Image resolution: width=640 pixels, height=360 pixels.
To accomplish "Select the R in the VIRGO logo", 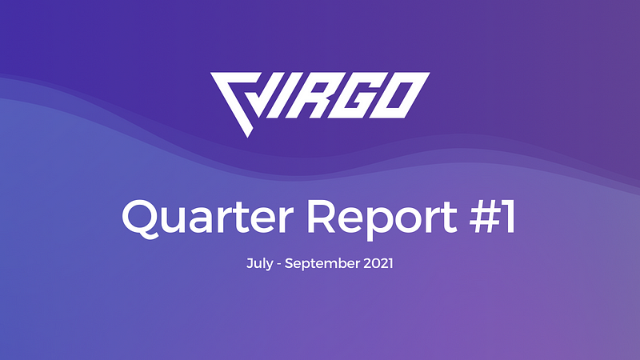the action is coord(312,95).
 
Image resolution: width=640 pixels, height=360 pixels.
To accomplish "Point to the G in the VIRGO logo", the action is coord(358,95).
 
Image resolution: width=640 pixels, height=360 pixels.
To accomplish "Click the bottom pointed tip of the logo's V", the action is coord(247,137).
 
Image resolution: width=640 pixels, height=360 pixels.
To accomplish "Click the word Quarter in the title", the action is coord(208,217).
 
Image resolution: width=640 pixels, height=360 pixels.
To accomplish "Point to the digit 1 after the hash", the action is coord(509,217).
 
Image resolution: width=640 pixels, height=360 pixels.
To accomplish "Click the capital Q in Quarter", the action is coord(142,218).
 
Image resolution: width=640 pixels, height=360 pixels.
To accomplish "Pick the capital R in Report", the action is coord(322,217).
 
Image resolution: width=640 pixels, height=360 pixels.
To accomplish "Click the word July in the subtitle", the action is coord(259,264).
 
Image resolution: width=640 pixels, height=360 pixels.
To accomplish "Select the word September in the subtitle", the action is coord(322,264).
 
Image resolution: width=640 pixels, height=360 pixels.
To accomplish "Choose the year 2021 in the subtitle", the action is coord(378,263).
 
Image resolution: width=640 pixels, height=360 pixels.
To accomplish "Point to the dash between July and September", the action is coord(278,265).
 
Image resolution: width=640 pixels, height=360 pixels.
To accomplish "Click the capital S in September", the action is coord(289,263).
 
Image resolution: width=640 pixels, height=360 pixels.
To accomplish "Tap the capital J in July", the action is coord(250,263).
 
